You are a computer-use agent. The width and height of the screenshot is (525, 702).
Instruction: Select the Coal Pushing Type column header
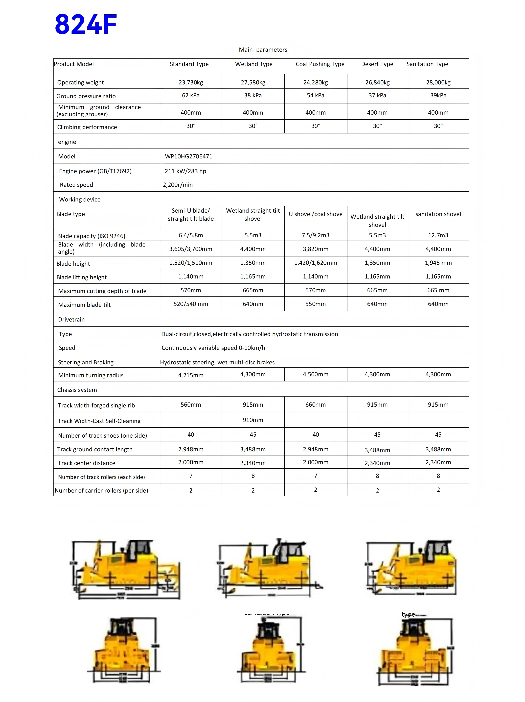pyautogui.click(x=320, y=64)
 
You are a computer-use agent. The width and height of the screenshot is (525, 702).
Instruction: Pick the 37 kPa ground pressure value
pyautogui.click(x=377, y=95)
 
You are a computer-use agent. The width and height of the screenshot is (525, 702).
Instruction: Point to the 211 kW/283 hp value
pyautogui.click(x=185, y=171)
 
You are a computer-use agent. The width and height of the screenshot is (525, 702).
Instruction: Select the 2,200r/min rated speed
pyautogui.click(x=178, y=185)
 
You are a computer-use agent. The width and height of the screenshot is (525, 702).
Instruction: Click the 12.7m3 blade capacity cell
pyautogui.click(x=438, y=235)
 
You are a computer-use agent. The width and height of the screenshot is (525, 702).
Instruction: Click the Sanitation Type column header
pyautogui.click(x=427, y=64)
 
